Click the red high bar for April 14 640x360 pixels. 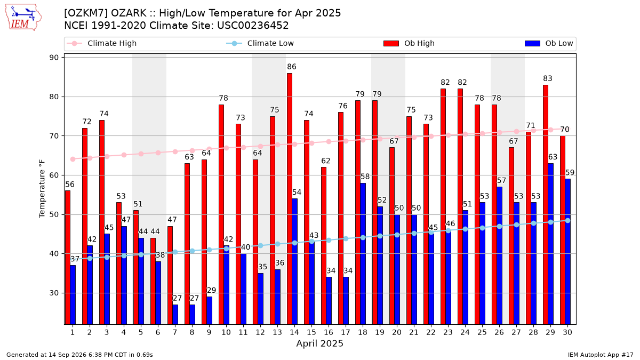(x=290, y=199)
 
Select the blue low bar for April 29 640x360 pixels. (x=550, y=244)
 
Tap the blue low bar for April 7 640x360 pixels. (x=175, y=315)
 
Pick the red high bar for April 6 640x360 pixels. (x=153, y=281)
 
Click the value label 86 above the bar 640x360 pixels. (x=291, y=67)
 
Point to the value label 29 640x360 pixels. (x=211, y=290)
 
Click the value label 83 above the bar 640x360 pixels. (x=547, y=78)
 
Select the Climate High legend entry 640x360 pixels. (x=102, y=43)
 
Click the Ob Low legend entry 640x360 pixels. (x=549, y=43)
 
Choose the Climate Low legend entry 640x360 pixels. (x=260, y=43)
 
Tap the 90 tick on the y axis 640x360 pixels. (x=54, y=58)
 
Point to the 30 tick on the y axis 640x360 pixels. (x=54, y=293)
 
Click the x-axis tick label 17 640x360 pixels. (x=346, y=333)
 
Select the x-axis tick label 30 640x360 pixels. (x=567, y=333)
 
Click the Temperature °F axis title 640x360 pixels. (x=42, y=189)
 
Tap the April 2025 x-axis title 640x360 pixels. (x=319, y=343)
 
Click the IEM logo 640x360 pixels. (x=23, y=18)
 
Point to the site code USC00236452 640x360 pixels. (x=253, y=26)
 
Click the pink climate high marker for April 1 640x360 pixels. (x=73, y=159)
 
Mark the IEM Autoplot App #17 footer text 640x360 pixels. (x=601, y=355)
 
